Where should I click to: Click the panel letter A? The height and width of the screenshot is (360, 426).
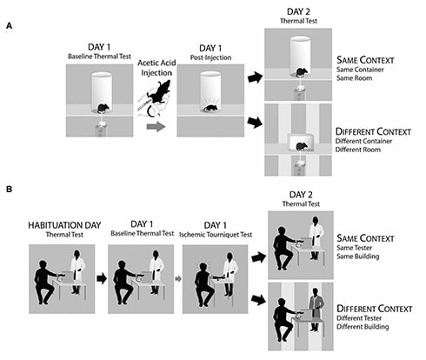pos(10,26)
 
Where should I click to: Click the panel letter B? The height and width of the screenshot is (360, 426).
pos(10,190)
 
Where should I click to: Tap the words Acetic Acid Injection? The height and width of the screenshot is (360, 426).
pos(156,68)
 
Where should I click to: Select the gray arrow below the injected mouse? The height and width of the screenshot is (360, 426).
pos(156,127)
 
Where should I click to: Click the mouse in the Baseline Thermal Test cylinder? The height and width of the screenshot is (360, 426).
pos(102,109)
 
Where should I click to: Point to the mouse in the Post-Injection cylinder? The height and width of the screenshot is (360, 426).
pos(210,108)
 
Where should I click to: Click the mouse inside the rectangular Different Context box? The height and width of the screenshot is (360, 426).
pos(301,146)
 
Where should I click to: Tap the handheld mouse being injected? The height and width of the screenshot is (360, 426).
pos(159,91)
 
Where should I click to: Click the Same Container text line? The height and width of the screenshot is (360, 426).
pos(360,70)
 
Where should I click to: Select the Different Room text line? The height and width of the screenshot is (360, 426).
pos(358,150)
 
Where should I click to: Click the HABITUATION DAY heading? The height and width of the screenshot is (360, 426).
pos(64,225)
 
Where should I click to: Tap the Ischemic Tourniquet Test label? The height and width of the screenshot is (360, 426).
pos(216,235)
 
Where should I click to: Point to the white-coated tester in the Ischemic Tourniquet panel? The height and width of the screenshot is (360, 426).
pos(230,274)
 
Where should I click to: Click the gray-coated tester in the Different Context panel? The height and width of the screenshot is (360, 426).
pos(316,310)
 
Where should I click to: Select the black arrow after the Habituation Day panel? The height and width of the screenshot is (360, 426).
pos(102,278)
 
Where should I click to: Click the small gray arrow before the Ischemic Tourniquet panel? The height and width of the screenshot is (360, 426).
pos(178,279)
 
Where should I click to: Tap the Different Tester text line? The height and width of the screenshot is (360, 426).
pos(359,318)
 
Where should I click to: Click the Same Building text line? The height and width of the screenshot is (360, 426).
pos(358,257)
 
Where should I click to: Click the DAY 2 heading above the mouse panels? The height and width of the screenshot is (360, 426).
pos(298,11)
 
